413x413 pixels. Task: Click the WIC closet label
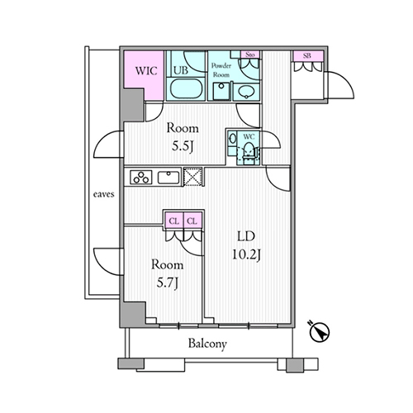146,71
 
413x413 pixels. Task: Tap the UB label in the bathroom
181,70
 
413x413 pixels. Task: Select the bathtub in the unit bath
186,88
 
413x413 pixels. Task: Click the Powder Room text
221,70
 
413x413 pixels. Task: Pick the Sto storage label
249,55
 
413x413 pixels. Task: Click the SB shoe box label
307,55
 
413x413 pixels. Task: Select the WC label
249,136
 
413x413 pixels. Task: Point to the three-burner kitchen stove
141,177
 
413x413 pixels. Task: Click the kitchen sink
169,178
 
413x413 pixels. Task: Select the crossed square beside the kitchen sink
192,177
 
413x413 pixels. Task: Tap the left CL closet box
173,221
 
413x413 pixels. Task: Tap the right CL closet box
192,221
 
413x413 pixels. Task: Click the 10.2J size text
246,254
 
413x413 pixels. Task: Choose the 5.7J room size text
168,282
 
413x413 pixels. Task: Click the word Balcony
207,344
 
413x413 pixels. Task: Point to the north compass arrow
320,332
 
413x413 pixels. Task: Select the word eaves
103,194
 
